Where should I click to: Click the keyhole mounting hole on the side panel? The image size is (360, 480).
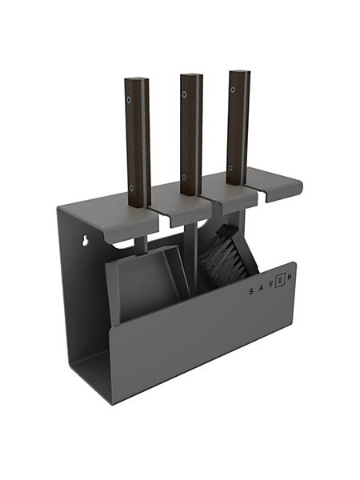(x=85, y=241)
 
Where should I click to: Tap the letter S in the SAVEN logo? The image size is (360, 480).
(x=251, y=292)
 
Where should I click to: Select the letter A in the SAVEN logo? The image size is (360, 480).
(x=261, y=288)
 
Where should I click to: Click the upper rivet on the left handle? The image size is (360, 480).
(x=129, y=99)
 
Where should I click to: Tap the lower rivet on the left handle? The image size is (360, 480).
(x=132, y=187)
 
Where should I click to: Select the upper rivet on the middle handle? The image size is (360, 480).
(x=184, y=94)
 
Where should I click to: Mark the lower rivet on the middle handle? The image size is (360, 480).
(x=184, y=177)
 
